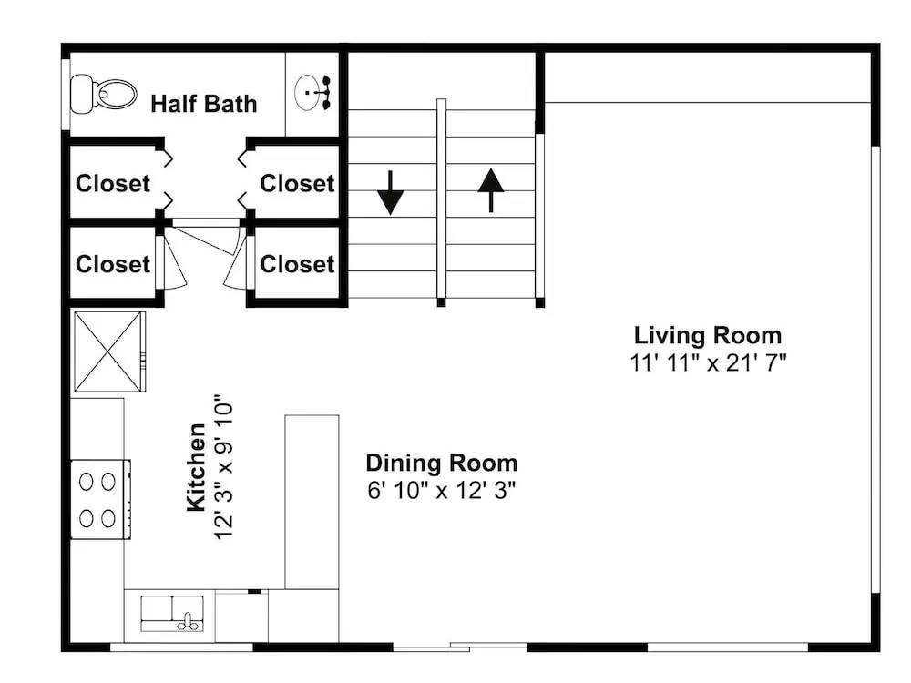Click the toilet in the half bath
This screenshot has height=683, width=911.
coord(104,94)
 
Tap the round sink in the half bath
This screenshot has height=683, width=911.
coord(312,92)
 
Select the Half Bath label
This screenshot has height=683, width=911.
coord(203,104)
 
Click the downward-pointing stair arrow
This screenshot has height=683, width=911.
coord(391,192)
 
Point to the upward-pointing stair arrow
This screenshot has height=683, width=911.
coord(491,190)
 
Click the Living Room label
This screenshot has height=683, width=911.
coord(708,335)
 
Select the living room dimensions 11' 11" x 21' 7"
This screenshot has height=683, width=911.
coord(708,363)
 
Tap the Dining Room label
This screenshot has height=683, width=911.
coord(442,463)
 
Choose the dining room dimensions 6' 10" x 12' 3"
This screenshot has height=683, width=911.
coord(442,490)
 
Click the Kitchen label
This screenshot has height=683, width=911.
coord(197,467)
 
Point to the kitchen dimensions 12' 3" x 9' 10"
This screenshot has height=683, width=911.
coord(224,467)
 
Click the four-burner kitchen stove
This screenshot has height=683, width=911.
coord(100,499)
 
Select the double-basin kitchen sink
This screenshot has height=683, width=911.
coord(172,613)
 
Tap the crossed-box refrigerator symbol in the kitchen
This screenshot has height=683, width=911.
coord(108,352)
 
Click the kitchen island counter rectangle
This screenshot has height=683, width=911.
coord(312,502)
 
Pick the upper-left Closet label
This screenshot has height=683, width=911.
coord(113,184)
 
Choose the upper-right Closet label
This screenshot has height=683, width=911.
coord(297,184)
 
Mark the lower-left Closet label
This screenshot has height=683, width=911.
coord(113,264)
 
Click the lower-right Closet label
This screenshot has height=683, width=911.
coord(297,264)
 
